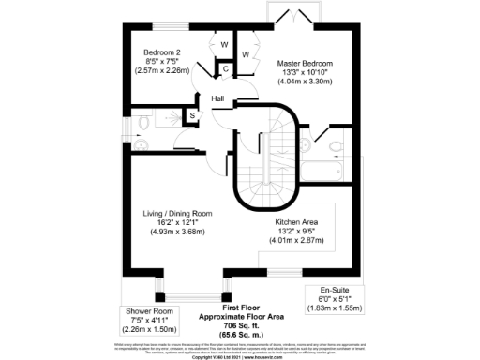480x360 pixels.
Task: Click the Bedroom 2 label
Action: [x=161, y=53]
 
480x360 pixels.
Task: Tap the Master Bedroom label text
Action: [x=304, y=63]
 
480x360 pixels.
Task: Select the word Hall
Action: [x=217, y=99]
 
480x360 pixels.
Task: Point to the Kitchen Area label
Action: [x=301, y=222]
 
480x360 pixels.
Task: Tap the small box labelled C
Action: [x=226, y=68]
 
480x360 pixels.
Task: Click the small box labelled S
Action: [x=192, y=115]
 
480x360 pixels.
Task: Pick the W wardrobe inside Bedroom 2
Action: [x=225, y=45]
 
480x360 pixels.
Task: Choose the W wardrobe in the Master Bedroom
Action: [x=246, y=54]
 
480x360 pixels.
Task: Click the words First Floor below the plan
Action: [x=240, y=307]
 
